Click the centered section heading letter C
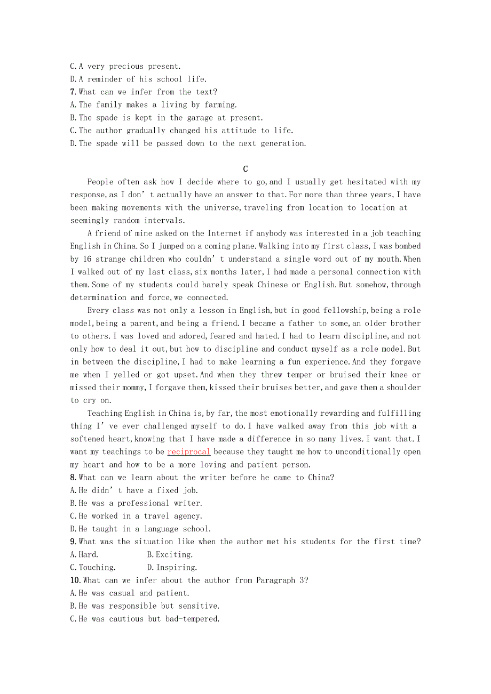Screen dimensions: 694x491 [x=245, y=169]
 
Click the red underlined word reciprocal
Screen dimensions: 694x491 [x=189, y=452]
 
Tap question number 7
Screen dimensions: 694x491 [x=74, y=92]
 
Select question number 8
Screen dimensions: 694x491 [x=74, y=478]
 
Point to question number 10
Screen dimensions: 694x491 [x=75, y=580]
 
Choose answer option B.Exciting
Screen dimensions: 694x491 [x=170, y=554]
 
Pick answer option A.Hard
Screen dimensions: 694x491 [x=84, y=554]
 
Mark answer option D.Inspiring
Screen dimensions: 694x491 [x=172, y=568]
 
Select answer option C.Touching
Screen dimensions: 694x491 [x=93, y=568]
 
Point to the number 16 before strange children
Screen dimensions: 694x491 [x=89, y=259]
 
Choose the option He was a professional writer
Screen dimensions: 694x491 [x=137, y=503]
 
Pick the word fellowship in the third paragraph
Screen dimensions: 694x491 [x=339, y=310]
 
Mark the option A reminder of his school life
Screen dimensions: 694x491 [x=138, y=79]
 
